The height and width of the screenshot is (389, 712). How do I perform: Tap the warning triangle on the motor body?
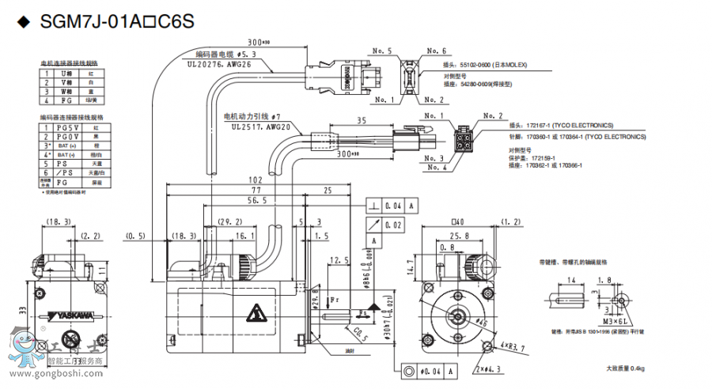pos(256,314)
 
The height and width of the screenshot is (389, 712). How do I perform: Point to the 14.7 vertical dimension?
pos(411,272)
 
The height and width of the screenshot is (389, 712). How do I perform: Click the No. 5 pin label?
pos(383,51)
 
